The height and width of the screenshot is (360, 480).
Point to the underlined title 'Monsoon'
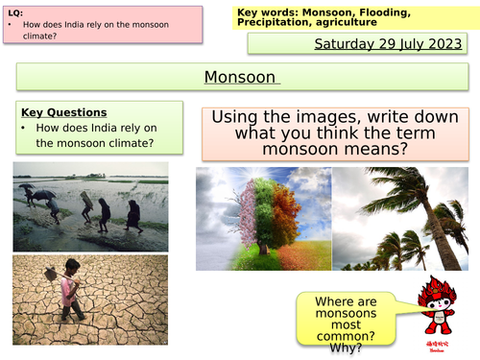coord(240,77)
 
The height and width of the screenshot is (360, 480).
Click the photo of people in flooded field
coord(90,205)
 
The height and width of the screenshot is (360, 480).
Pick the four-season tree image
coord(263,218)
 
